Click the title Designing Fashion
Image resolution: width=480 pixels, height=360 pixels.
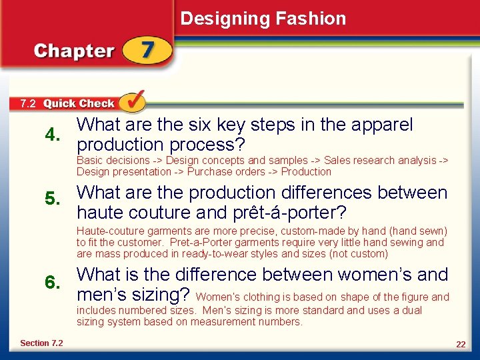[x=263, y=19]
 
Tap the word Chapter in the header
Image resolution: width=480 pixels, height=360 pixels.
[x=74, y=51]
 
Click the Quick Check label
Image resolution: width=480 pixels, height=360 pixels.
[x=79, y=103]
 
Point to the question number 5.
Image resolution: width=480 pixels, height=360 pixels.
[x=53, y=199]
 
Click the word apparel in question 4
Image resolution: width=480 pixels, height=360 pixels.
[x=381, y=125]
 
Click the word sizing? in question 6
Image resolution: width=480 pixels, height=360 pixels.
[x=159, y=294]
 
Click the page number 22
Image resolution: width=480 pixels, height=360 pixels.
[x=461, y=344]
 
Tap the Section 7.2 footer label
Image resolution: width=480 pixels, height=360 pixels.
[x=41, y=343]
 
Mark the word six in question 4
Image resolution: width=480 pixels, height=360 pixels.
[x=196, y=125]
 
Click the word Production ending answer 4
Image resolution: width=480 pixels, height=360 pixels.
[x=306, y=171]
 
